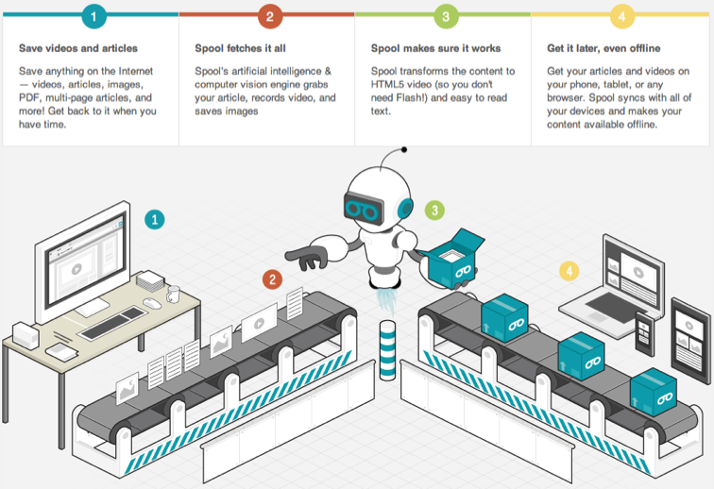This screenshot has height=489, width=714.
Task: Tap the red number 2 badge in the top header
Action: tap(270, 16)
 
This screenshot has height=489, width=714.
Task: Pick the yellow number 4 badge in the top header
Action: tap(622, 16)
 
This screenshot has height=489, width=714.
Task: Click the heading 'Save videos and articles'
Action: tap(77, 48)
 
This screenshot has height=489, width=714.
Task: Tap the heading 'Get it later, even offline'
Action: tap(603, 48)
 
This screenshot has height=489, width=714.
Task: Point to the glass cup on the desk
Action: tap(172, 295)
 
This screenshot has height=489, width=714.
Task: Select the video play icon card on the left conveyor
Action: tap(258, 327)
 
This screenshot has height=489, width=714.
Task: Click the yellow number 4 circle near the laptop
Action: tap(568, 272)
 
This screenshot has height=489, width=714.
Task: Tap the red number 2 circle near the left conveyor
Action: tap(272, 278)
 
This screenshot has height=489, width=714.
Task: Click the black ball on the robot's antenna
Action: tap(405, 147)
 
